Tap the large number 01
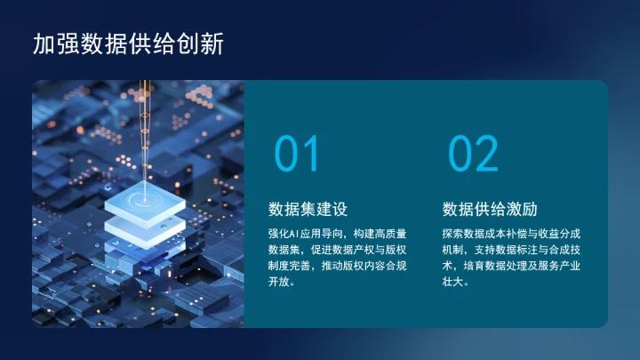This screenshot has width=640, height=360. coord(296,155)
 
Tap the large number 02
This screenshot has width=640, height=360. coord(473,155)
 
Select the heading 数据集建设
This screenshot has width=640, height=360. coord(308,210)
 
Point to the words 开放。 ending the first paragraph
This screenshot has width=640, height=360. coord(282,282)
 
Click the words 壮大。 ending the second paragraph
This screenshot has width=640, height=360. coord(455,282)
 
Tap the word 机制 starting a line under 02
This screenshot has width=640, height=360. coord(452,249)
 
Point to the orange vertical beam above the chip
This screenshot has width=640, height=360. coord(145,116)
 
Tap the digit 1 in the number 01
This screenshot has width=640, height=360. coord(311,155)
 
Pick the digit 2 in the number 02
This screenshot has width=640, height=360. coord(488,155)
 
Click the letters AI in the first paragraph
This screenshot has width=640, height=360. coord(294,233)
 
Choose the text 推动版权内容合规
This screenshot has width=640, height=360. coord(364,266)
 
